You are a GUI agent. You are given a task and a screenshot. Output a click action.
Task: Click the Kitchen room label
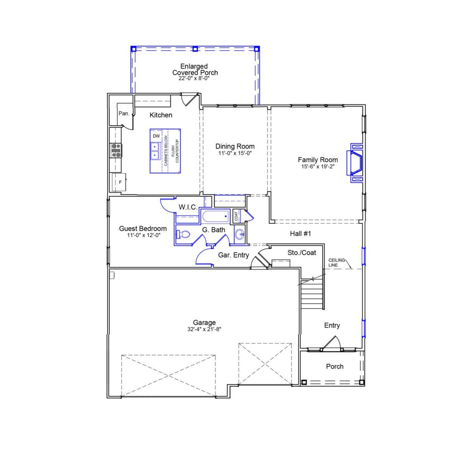tap(161, 115)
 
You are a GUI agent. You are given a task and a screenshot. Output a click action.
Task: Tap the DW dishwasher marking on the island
tap(156, 136)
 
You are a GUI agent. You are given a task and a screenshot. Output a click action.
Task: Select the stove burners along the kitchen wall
tap(116, 150)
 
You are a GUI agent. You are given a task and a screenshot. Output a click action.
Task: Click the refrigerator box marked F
tap(120, 182)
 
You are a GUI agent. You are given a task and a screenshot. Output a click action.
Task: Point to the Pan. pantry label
tap(124, 114)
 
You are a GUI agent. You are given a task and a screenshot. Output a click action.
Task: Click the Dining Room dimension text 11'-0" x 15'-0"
tap(235, 153)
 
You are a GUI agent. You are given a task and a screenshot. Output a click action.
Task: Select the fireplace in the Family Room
tap(356, 163)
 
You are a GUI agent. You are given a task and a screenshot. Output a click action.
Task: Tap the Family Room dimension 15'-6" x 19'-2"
tap(318, 166)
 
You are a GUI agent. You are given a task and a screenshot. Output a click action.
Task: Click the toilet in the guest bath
tap(183, 234)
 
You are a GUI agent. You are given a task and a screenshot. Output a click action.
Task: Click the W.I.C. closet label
tap(188, 207)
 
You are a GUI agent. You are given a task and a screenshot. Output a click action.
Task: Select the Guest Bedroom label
tap(143, 229)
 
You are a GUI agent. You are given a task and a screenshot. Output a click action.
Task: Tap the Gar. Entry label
tap(234, 255)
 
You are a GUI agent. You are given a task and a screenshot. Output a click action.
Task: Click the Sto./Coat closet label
tap(302, 253)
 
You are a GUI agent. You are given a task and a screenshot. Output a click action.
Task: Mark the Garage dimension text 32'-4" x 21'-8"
tap(205, 329)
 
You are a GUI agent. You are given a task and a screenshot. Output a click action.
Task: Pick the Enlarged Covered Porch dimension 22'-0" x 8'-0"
tap(194, 79)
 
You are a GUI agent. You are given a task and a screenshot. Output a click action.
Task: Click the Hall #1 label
tap(300, 234)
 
